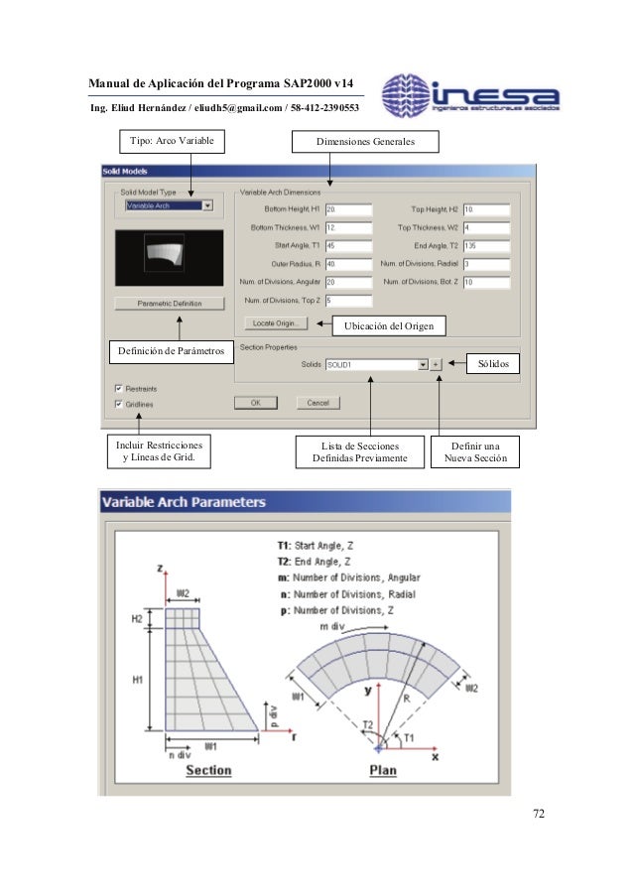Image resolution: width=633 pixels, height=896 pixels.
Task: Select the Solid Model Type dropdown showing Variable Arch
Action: click(169, 205)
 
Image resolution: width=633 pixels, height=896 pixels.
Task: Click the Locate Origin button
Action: click(277, 322)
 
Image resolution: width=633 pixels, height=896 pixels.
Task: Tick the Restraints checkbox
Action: click(119, 388)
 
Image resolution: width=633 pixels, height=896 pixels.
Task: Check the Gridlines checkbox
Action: click(119, 404)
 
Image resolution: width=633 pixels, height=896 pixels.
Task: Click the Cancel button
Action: click(317, 403)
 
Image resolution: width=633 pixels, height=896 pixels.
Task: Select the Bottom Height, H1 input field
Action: click(347, 209)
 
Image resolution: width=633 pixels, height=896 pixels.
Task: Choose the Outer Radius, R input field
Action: click(347, 264)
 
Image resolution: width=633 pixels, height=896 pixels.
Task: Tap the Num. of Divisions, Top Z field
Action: click(347, 301)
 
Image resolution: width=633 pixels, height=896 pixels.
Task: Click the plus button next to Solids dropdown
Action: click(437, 365)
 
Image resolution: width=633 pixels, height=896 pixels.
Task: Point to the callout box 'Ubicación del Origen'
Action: click(388, 326)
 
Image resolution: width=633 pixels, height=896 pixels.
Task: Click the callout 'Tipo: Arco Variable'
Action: click(172, 143)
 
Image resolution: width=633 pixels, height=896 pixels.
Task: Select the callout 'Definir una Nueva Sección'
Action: click(475, 453)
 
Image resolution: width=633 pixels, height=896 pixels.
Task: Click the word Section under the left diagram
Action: click(208, 770)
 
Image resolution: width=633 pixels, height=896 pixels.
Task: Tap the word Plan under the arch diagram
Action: click(384, 770)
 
